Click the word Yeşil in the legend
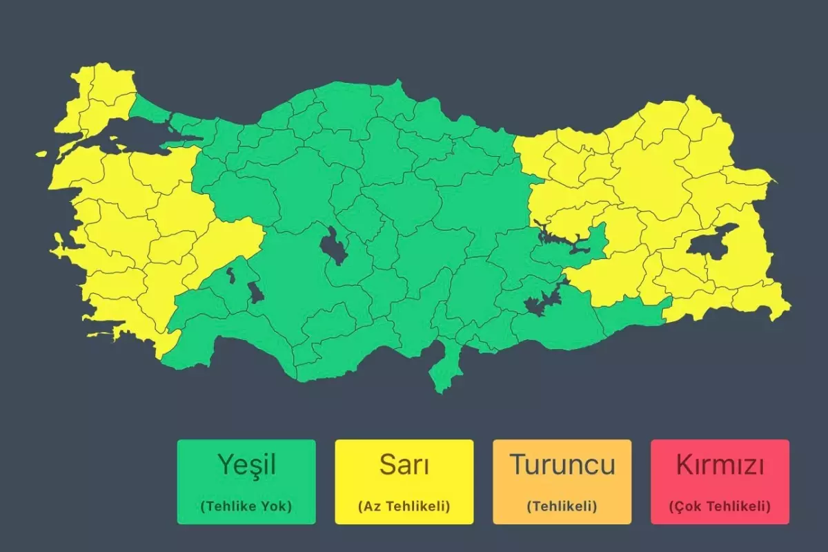[x=246, y=465]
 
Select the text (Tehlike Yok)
[x=246, y=506]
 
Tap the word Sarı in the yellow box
[x=404, y=465]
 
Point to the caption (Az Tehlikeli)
[x=404, y=506]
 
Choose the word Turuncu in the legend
[x=562, y=464]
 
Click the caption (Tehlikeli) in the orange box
[x=562, y=506]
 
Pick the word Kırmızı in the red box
[x=720, y=465]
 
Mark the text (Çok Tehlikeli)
[x=720, y=506]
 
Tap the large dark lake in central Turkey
[x=334, y=247]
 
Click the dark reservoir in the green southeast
[x=542, y=302]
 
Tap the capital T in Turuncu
[x=517, y=464]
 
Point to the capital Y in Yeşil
[x=225, y=464]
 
